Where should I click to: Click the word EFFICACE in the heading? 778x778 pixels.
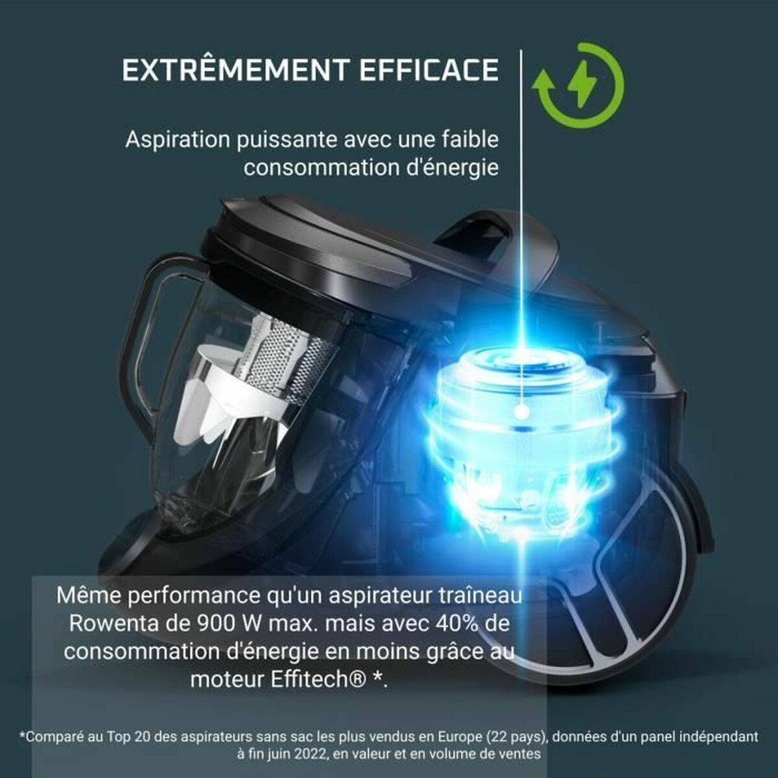click(x=429, y=70)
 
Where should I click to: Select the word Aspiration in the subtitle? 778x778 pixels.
click(x=178, y=141)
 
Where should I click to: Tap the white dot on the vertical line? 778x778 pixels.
click(x=523, y=412)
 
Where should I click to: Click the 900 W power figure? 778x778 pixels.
click(x=231, y=624)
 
